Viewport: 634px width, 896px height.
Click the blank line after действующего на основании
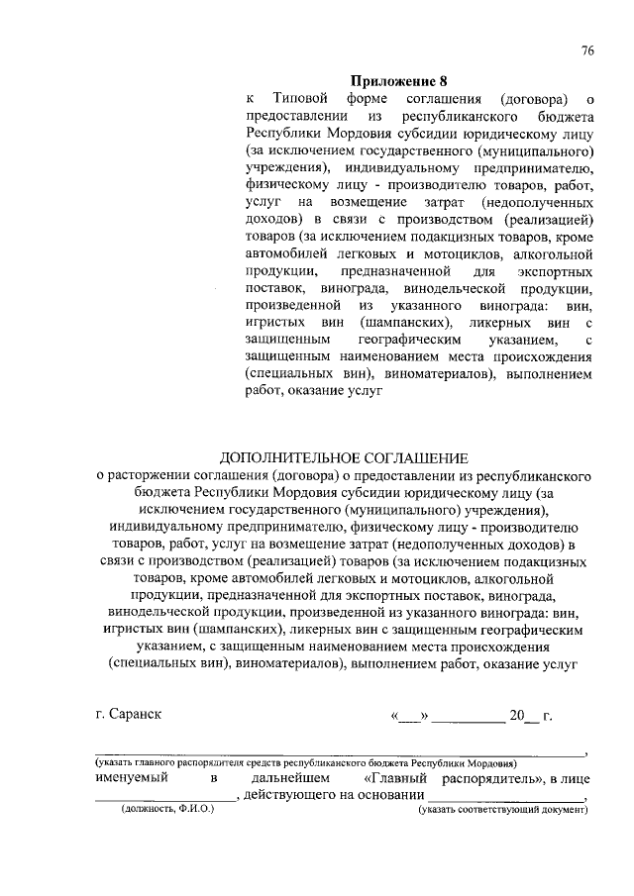click(505, 801)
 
